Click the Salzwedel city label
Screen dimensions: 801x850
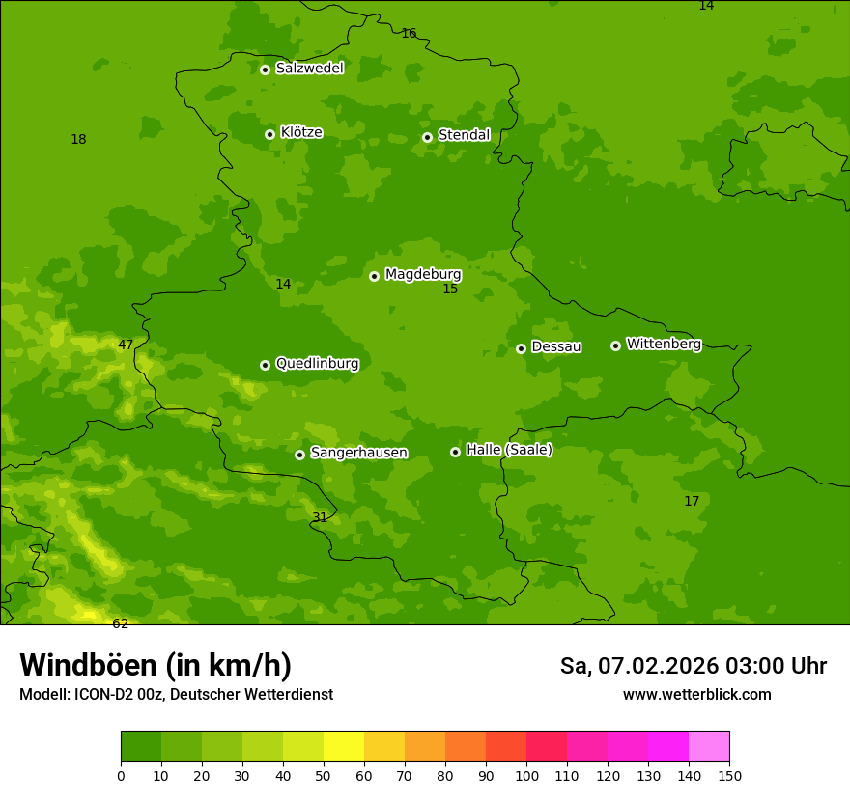309,69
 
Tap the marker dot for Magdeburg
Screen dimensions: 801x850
374,276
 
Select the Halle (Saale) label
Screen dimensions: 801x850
509,450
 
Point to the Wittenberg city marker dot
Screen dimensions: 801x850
615,345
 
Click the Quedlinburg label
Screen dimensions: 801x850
317,364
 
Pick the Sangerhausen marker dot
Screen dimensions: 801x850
299,455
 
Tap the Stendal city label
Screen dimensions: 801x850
464,135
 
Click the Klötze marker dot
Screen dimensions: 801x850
269,134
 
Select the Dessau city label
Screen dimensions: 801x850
556,346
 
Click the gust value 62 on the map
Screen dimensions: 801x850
120,623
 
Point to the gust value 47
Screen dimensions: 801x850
126,345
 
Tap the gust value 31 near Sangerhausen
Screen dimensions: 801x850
320,517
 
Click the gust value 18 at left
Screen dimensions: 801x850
78,139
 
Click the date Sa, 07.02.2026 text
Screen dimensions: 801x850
639,666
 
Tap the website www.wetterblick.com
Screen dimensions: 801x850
696,694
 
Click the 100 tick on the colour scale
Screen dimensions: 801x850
526,774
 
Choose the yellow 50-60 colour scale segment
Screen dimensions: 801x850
344,747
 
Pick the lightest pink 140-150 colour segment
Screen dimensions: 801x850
709,747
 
